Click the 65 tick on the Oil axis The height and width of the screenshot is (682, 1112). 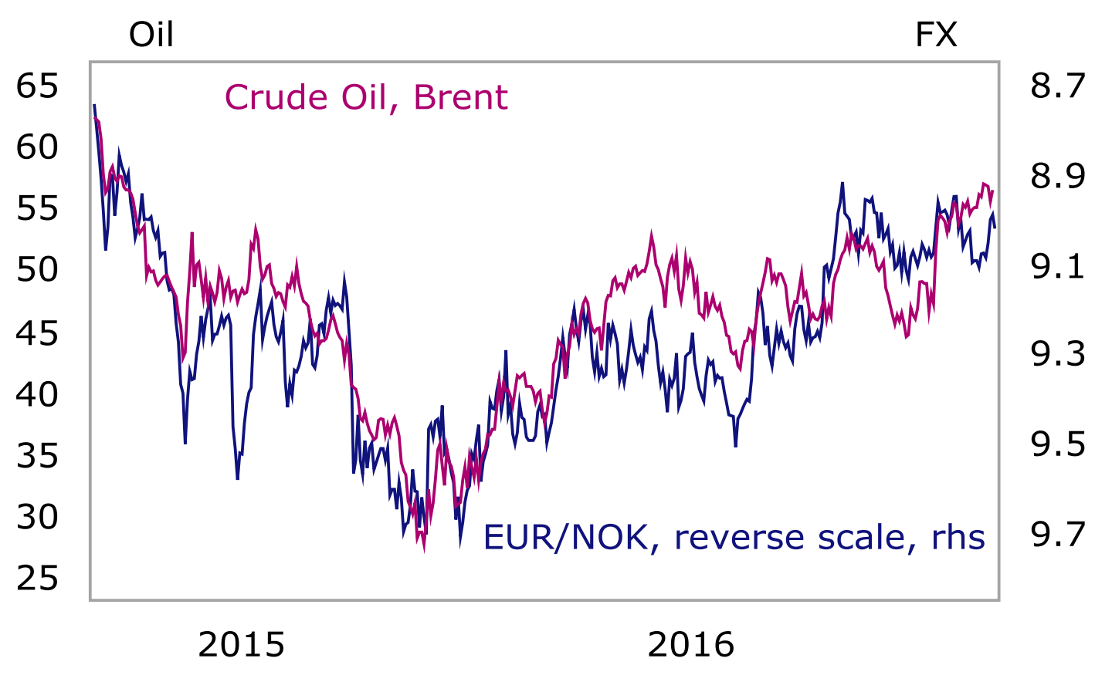(37, 85)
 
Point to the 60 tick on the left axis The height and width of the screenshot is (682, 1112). (37, 147)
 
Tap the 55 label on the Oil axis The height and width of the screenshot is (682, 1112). (37, 208)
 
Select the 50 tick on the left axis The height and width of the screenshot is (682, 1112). (37, 270)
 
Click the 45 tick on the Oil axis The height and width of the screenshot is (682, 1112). (37, 333)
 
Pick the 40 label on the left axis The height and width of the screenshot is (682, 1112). (37, 395)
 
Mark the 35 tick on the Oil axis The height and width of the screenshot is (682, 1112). (37, 457)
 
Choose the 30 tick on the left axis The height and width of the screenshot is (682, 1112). (37, 517)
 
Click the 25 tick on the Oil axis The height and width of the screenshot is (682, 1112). (37, 579)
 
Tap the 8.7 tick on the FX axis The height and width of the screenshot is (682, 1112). (1058, 85)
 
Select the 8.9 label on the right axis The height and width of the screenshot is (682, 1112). (1058, 176)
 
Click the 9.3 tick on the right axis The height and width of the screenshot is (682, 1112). (1058, 354)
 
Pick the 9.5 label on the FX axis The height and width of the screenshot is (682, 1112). (1058, 444)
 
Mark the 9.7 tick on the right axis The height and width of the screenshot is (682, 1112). (1058, 534)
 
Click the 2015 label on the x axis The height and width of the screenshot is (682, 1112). (241, 645)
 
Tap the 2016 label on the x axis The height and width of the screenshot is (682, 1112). (690, 645)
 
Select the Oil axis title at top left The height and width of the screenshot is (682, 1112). (151, 35)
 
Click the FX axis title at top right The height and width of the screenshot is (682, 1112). (936, 35)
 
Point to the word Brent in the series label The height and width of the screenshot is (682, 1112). (460, 98)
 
